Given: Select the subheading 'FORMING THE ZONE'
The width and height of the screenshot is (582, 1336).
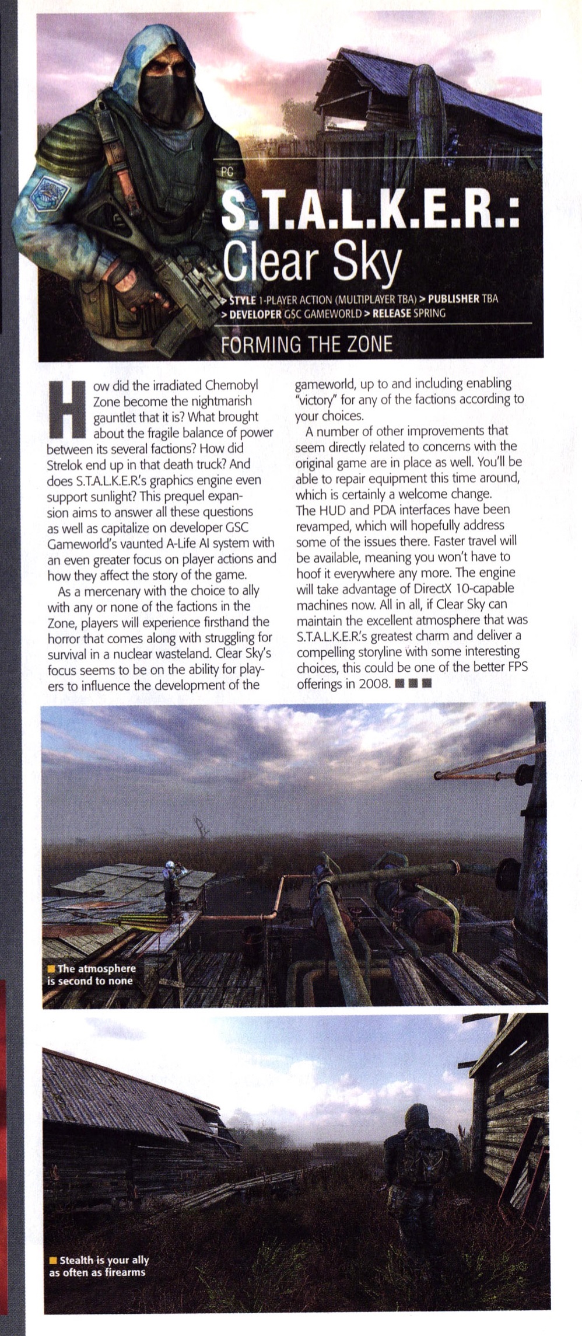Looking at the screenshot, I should click(306, 344).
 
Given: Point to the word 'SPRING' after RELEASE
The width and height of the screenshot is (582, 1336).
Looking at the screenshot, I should click(426, 313).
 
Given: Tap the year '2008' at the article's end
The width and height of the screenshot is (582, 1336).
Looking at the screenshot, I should click(374, 683).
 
